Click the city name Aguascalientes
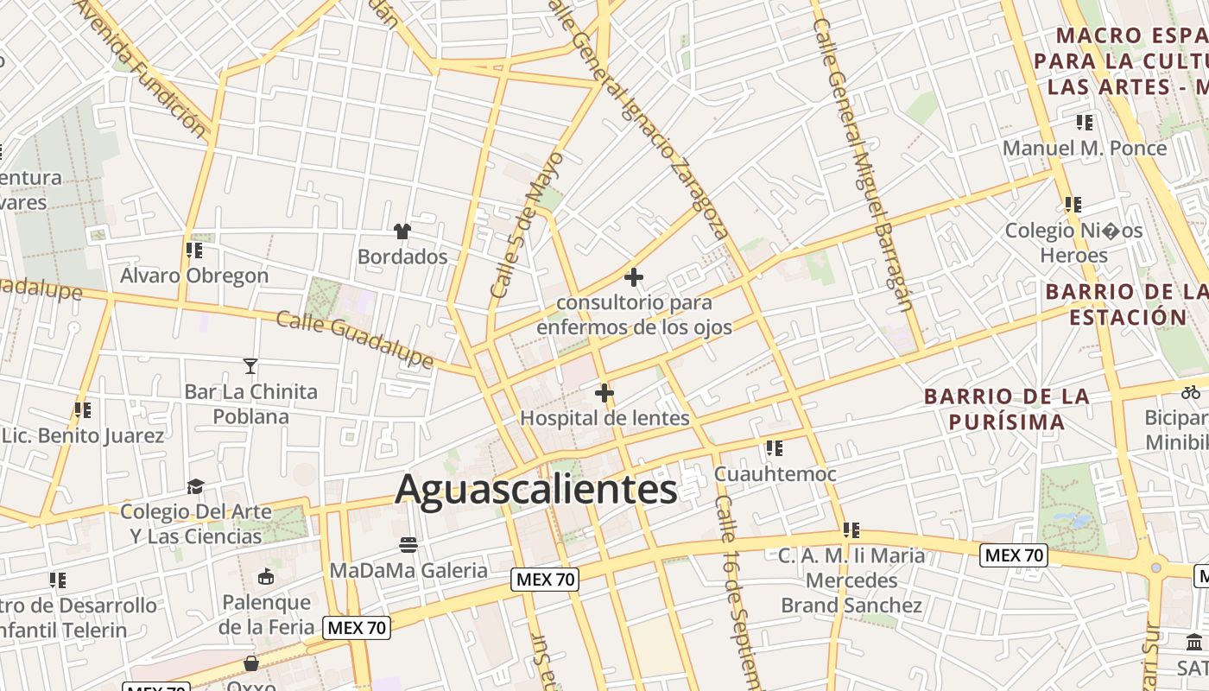tap(535, 490)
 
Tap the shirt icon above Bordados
tap(402, 231)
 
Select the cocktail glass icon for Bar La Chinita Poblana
tap(250, 366)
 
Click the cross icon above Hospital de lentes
tap(604, 394)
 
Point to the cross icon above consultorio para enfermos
tap(634, 277)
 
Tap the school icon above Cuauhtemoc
tap(775, 448)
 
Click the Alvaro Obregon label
tap(194, 276)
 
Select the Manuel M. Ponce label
tap(1085, 148)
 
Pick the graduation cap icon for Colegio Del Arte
tap(196, 486)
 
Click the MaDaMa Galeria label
tap(408, 570)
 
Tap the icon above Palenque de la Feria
tap(266, 577)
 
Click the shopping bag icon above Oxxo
tap(251, 663)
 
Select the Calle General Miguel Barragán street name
tap(869, 164)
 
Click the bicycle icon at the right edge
tap(1191, 391)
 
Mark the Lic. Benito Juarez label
tap(83, 435)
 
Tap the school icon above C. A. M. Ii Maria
tap(851, 529)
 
